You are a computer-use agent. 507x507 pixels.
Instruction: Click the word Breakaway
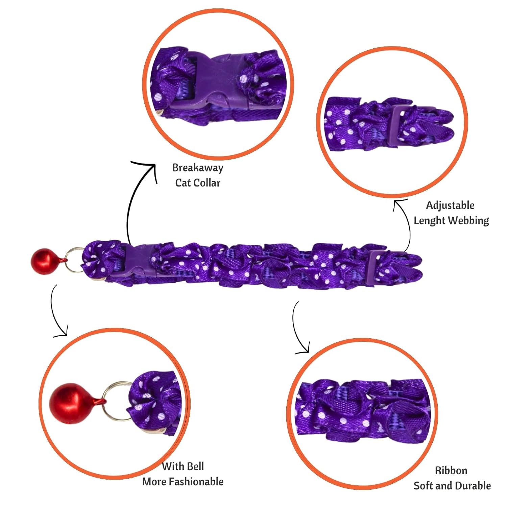click(198, 168)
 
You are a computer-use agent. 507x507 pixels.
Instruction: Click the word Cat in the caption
click(183, 183)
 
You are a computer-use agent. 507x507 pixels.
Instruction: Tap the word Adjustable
click(450, 205)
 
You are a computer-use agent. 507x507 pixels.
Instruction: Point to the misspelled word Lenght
click(430, 220)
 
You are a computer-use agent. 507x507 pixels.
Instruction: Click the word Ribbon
click(451, 470)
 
